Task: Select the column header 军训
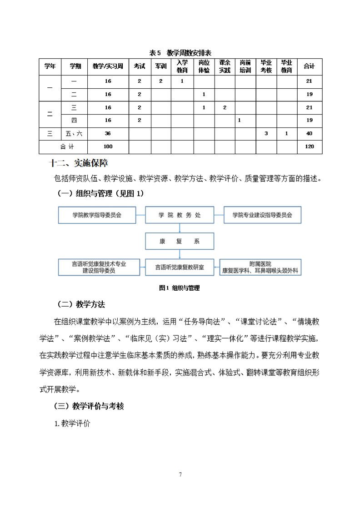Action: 160,66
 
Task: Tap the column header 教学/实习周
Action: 108,66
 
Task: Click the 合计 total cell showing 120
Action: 309,146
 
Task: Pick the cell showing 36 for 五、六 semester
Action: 108,133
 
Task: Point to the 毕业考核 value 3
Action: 266,133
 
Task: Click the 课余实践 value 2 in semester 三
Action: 225,107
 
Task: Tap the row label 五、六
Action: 74,133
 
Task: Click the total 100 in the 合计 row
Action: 108,146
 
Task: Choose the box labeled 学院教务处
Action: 179,215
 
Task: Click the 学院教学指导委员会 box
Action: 97,215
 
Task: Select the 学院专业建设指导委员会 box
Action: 262,215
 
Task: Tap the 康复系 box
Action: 179,241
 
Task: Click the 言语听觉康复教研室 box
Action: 179,268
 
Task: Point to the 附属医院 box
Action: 260,267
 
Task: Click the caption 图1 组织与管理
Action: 180,288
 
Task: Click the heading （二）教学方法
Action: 81,304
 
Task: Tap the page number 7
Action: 180,475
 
